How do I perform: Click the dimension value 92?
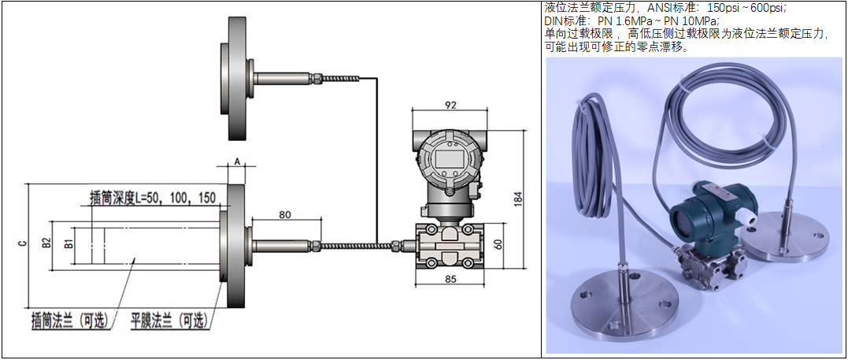[450, 105]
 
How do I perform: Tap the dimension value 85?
[450, 280]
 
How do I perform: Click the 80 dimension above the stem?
[285, 214]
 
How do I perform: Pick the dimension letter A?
[236, 160]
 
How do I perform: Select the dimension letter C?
[21, 243]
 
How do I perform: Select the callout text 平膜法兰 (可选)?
[169, 321]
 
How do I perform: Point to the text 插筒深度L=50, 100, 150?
[153, 197]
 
